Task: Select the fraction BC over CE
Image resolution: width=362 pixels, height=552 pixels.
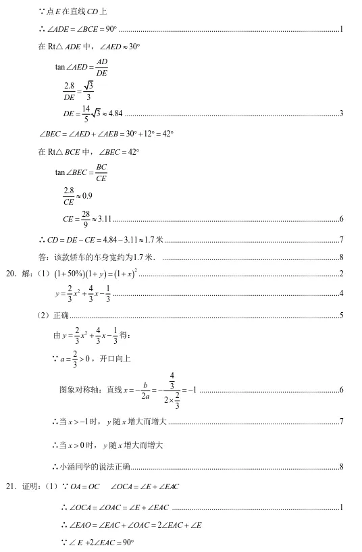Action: coord(101,172)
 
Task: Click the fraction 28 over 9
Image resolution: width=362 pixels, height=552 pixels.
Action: coord(86,218)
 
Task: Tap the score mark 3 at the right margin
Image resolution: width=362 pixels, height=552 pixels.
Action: coord(342,113)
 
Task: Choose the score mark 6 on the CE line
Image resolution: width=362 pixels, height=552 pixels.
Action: coord(342,219)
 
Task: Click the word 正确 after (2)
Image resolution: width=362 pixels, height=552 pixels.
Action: coord(61,315)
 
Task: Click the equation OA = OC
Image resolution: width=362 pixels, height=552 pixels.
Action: coord(84,486)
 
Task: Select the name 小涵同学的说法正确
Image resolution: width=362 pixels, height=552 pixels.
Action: coord(94,466)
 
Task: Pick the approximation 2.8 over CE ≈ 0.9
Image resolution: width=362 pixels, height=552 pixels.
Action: coord(77,196)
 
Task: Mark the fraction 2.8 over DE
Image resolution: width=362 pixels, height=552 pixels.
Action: coord(68,90)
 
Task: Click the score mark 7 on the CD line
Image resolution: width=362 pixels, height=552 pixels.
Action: coord(342,240)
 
